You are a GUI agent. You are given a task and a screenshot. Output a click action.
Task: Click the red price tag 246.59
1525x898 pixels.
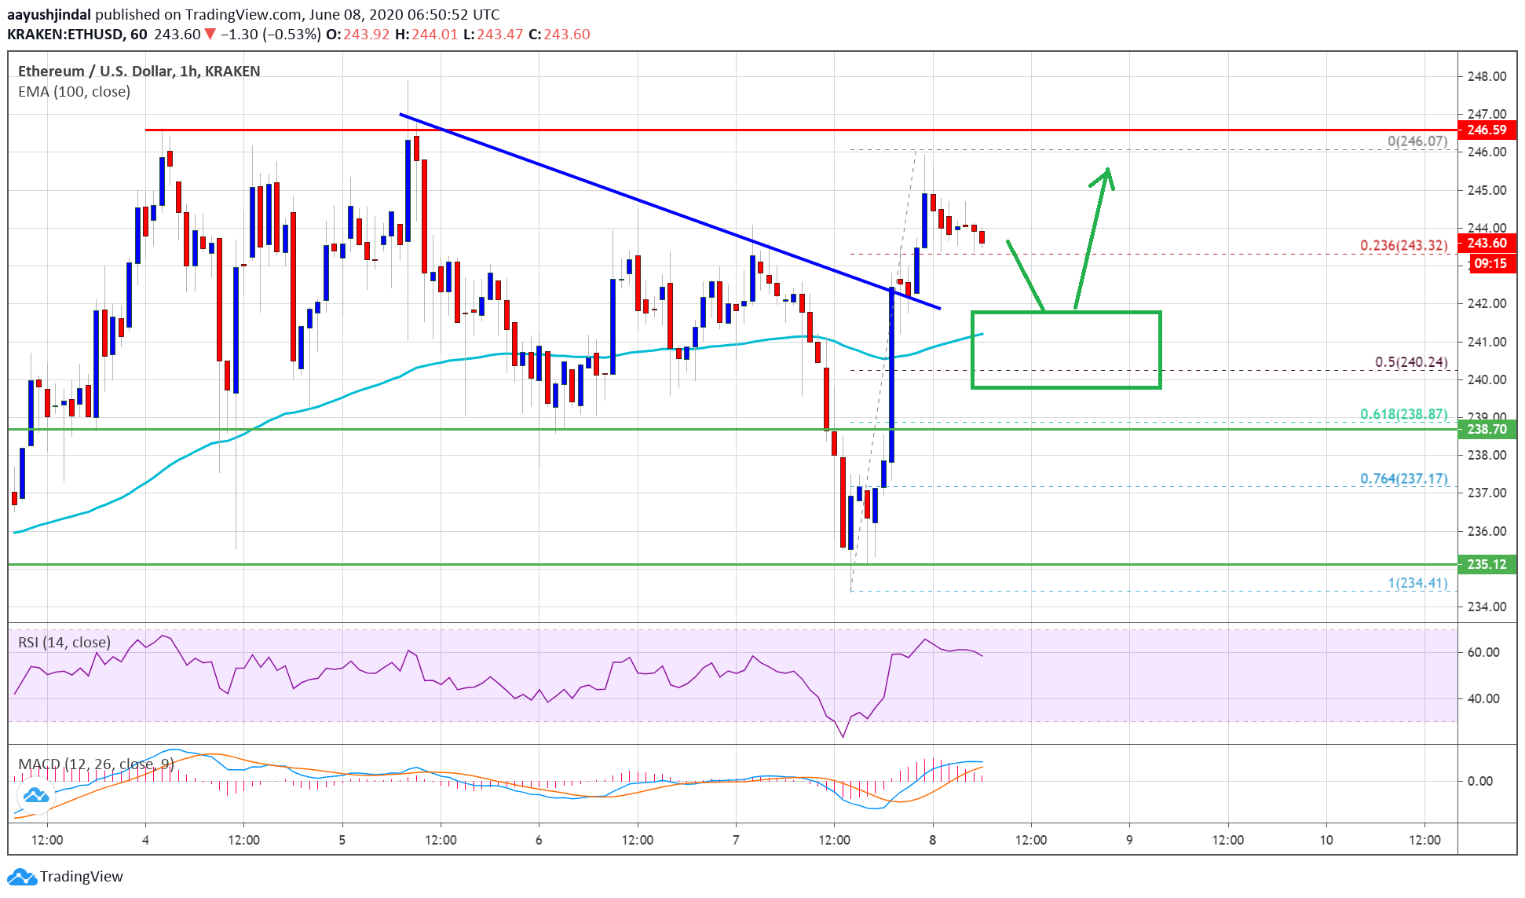(x=1486, y=130)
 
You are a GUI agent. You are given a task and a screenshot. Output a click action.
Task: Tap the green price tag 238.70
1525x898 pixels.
(x=1486, y=429)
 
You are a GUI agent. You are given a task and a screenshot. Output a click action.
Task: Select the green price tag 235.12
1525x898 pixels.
(x=1486, y=564)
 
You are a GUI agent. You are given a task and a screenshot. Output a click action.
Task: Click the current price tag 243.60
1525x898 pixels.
(x=1486, y=244)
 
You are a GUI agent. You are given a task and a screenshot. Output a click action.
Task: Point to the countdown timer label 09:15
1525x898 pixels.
(x=1490, y=263)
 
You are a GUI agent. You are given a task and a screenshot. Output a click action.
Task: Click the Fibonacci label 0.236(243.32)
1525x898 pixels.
(x=1403, y=245)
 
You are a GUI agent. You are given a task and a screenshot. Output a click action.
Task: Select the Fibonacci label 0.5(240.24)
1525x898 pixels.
(x=1410, y=362)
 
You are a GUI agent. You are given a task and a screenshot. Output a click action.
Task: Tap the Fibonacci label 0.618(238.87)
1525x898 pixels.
(x=1403, y=414)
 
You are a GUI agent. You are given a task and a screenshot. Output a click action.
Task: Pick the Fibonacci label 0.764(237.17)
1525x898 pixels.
(x=1403, y=478)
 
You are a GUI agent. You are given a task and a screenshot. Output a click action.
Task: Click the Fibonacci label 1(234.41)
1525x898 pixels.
(x=1417, y=583)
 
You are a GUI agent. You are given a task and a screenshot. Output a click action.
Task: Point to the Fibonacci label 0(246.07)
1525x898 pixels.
(x=1417, y=141)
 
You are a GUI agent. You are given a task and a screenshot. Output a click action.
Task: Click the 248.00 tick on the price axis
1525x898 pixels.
(x=1487, y=76)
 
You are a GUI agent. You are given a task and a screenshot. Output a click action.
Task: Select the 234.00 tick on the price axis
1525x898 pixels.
(x=1487, y=607)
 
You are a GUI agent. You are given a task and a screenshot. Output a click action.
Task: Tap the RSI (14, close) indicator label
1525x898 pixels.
(x=64, y=643)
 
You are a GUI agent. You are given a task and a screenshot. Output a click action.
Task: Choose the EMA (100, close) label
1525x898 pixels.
(x=74, y=92)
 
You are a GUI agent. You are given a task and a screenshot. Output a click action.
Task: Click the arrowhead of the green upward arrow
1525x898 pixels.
(x=1107, y=171)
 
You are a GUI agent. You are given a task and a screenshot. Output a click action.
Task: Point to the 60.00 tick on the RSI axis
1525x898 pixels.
(x=1483, y=652)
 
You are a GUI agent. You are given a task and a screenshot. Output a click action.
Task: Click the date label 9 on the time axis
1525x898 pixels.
(x=1129, y=840)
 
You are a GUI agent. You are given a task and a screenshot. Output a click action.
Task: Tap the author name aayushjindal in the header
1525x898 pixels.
(x=49, y=14)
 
